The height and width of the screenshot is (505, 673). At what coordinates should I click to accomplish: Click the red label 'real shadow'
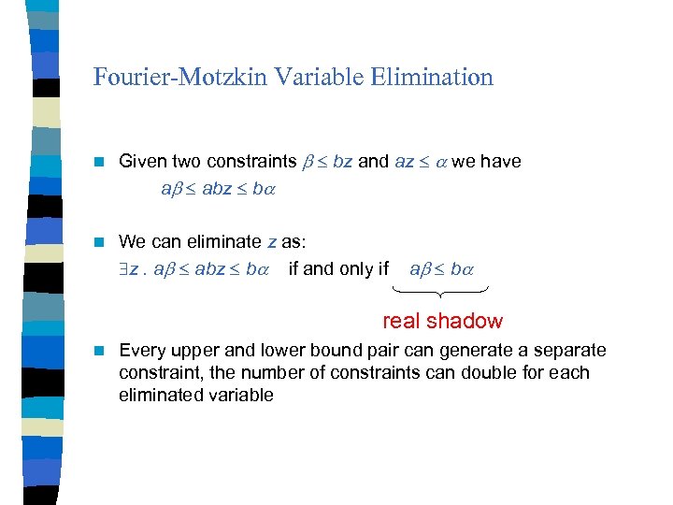(x=442, y=321)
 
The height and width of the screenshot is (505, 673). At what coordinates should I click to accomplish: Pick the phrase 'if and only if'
(x=338, y=269)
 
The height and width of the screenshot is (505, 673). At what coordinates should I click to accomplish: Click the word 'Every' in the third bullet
(x=141, y=350)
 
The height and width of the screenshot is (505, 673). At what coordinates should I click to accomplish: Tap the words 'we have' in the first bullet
(x=486, y=161)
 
